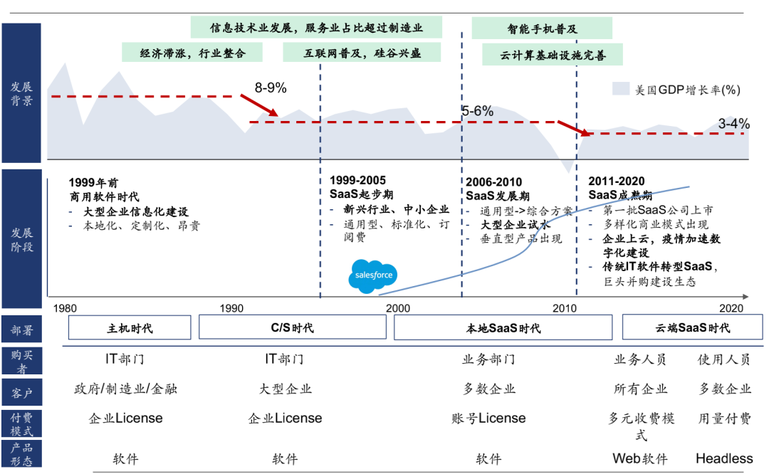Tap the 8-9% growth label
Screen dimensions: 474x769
pos(271,88)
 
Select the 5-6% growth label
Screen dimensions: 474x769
pos(477,111)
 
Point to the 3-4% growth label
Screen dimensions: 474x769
pos(733,124)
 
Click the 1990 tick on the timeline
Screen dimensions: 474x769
pos(231,308)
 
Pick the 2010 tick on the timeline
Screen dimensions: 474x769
pos(565,308)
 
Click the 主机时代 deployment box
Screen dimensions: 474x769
pos(130,327)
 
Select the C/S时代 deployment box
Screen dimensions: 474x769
pos(292,327)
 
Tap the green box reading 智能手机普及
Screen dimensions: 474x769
pos(542,28)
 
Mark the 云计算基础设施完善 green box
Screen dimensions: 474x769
pos(553,56)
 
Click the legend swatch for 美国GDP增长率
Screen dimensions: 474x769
pos(621,89)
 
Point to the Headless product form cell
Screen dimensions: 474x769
pos(723,458)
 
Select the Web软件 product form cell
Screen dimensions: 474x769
pos(640,458)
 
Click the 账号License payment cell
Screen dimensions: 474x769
pos(488,418)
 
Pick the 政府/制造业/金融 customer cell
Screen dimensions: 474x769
pos(125,389)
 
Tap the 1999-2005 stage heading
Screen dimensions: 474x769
pos(357,181)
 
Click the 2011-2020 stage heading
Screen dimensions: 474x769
pos(617,181)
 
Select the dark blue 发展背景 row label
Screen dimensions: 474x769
pos(21,93)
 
